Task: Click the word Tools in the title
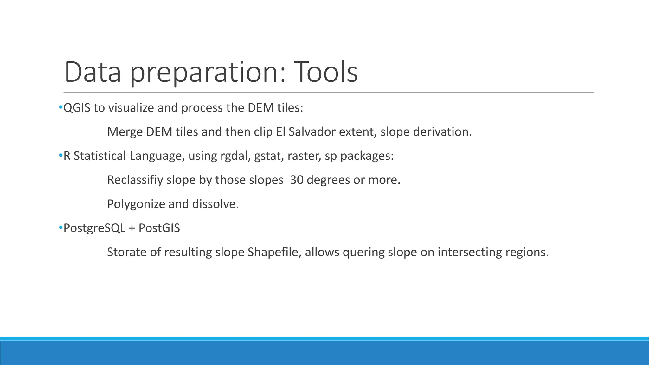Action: tap(326, 72)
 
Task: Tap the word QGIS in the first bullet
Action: tap(77, 108)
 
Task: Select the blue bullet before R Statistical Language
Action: tap(61, 155)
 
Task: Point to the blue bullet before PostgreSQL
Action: tap(61, 227)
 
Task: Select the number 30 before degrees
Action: tap(297, 180)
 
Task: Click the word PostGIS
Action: tap(159, 228)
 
